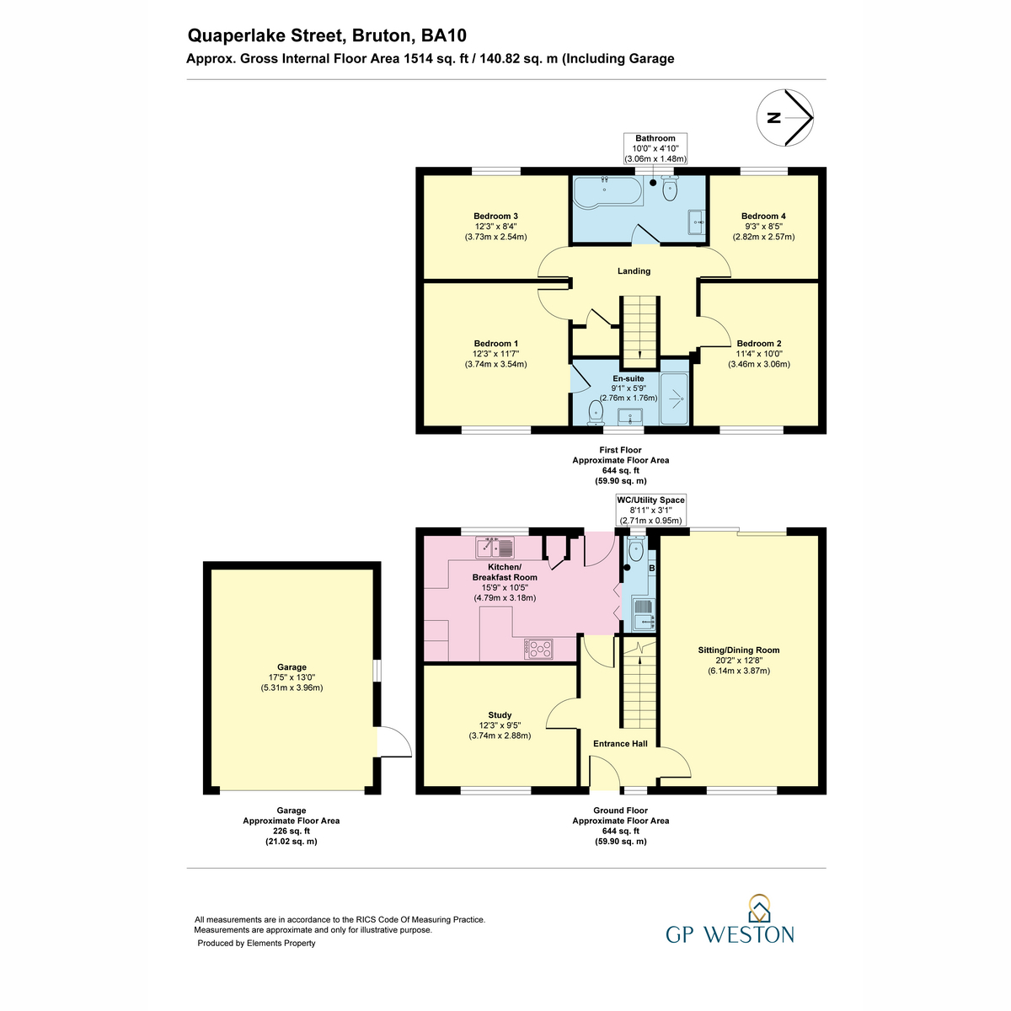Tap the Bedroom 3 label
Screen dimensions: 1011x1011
point(495,217)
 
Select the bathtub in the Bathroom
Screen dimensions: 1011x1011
point(607,191)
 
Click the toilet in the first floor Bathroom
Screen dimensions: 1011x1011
point(670,189)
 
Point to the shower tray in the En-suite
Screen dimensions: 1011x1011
point(674,399)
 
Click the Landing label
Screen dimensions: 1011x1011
point(634,271)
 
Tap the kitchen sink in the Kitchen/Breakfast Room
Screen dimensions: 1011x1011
point(495,548)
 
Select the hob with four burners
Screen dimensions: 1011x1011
point(538,649)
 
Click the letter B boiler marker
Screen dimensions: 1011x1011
point(652,568)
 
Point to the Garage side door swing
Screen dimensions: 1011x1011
point(394,741)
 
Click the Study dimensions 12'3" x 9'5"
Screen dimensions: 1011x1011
point(500,725)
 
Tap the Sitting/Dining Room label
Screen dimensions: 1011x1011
point(738,650)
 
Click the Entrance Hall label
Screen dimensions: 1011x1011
point(620,743)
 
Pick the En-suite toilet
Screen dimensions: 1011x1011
point(596,412)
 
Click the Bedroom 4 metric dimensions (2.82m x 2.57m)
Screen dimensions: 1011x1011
point(763,237)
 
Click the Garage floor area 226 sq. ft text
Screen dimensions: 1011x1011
point(292,831)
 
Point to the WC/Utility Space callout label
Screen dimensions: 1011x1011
point(650,500)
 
